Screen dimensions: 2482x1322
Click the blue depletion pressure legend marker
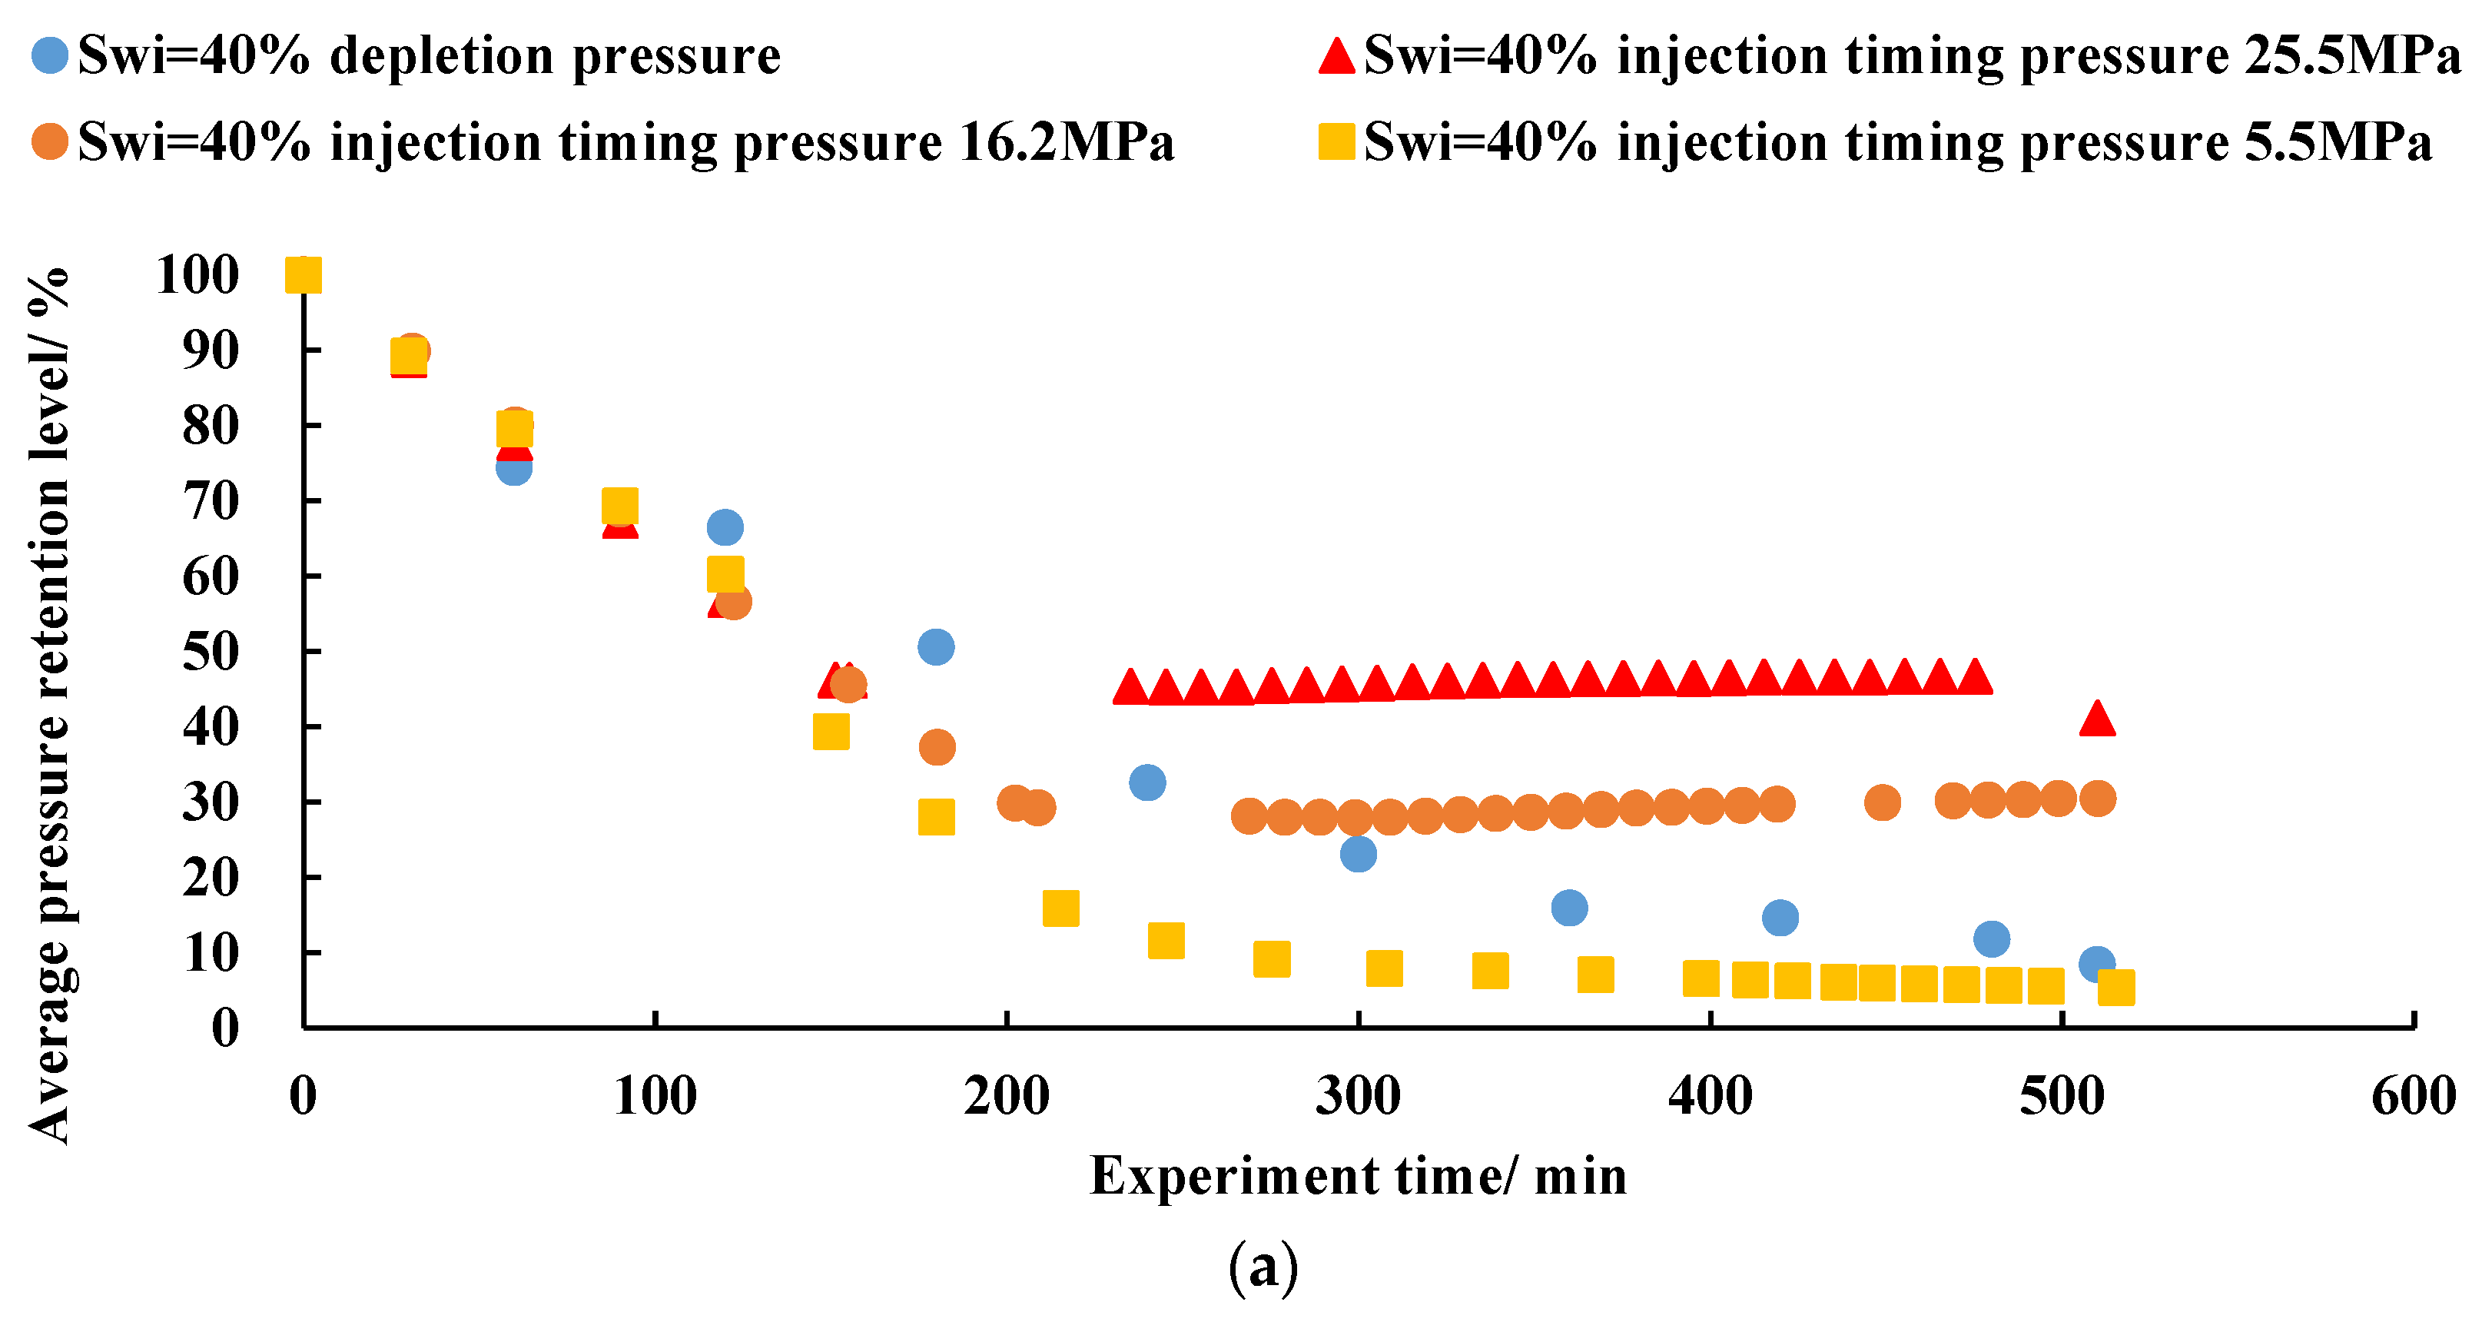tap(50, 55)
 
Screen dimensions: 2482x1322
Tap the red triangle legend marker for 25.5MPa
tap(1336, 55)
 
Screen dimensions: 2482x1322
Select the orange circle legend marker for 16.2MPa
tap(50, 141)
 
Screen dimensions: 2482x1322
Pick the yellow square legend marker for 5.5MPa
tap(1336, 141)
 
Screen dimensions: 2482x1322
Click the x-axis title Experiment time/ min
tap(1358, 1177)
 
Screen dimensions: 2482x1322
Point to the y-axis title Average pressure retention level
tap(48, 706)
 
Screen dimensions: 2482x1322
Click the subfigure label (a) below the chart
tap(1263, 1267)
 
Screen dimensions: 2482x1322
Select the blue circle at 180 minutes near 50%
tap(936, 646)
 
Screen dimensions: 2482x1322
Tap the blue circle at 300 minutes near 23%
tap(1358, 854)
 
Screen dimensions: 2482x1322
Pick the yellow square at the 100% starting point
tap(303, 276)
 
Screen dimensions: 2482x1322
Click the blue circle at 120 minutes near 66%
tap(725, 527)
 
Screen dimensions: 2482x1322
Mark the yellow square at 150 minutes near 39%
tap(831, 732)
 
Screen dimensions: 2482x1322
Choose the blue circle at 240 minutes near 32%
tap(1146, 782)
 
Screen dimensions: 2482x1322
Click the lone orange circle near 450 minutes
tap(1882, 802)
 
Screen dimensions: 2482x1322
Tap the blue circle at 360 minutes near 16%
tap(1570, 908)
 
